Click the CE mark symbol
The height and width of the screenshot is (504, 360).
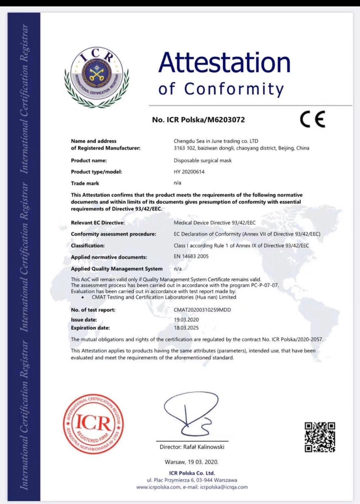(312, 119)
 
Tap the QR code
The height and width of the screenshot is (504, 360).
(320, 437)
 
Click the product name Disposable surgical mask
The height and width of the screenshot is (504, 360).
(203, 160)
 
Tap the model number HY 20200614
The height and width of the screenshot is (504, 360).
(189, 172)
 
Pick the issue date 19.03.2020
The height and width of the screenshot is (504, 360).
(186, 319)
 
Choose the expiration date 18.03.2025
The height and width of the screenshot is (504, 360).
(186, 328)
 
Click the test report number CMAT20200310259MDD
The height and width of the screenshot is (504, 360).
(202, 310)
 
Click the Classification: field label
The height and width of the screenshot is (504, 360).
(88, 245)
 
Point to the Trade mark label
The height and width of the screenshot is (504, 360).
(85, 183)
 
